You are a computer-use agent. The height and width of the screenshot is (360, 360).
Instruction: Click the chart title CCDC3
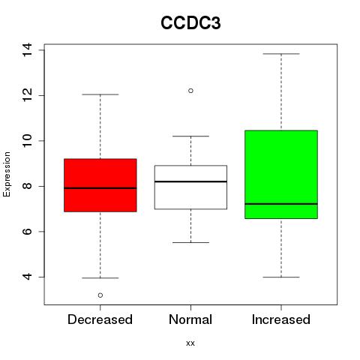[190, 23]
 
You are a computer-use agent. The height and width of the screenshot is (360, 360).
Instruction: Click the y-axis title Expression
[7, 174]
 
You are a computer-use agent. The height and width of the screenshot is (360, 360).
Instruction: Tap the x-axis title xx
[190, 343]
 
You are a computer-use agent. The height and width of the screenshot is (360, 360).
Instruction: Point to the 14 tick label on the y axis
[27, 50]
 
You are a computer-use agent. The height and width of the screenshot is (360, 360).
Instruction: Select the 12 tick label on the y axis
[27, 95]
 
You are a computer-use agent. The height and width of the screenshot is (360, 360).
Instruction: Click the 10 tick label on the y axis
[27, 141]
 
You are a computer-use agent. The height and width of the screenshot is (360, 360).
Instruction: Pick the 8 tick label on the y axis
[27, 186]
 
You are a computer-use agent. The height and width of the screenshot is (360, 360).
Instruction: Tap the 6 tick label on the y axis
[27, 232]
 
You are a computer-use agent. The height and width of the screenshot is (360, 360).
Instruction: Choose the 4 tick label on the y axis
[27, 277]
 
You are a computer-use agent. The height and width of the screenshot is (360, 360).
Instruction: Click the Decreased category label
[100, 319]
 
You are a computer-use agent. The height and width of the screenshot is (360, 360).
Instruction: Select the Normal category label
[190, 319]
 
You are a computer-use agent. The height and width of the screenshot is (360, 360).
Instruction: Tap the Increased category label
[281, 319]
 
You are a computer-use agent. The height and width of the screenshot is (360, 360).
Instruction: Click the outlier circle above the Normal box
[190, 91]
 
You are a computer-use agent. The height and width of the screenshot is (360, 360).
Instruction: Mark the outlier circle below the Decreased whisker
[100, 295]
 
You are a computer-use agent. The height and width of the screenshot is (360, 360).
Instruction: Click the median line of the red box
[100, 188]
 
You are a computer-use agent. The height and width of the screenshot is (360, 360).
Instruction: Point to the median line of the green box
[281, 204]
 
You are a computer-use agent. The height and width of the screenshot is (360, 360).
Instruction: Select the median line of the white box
[190, 181]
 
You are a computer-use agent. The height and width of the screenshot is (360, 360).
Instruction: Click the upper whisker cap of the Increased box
[281, 54]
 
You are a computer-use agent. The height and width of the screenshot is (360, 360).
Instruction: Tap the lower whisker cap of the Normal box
[190, 242]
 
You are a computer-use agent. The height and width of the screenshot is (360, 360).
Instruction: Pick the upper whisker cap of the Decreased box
[100, 94]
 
